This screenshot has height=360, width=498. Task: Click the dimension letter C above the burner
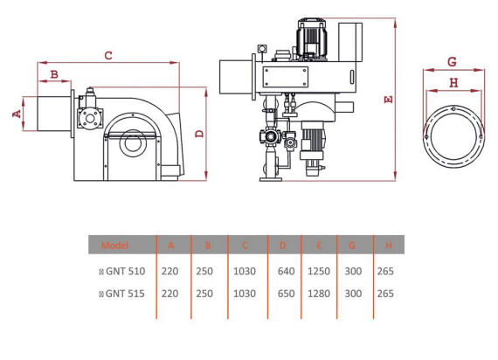[108, 55]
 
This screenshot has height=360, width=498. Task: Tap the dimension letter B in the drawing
[54, 74]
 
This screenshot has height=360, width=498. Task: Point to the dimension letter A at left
[17, 114]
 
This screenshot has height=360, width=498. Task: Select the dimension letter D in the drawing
[199, 134]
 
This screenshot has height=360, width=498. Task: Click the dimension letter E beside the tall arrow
[388, 100]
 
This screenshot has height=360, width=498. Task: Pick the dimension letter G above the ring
[452, 61]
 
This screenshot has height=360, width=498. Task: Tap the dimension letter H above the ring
[453, 83]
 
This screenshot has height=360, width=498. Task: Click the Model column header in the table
[114, 246]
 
